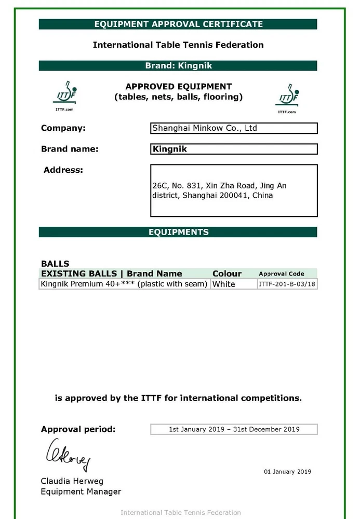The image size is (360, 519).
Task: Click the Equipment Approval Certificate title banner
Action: click(x=178, y=24)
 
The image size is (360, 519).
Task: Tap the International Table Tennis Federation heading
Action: click(x=178, y=45)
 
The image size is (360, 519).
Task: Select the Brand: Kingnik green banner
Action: click(x=178, y=66)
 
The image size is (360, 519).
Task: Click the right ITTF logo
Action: click(x=287, y=97)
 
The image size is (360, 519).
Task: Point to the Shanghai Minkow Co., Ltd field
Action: click(x=234, y=128)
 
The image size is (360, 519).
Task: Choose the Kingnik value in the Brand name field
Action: click(x=170, y=149)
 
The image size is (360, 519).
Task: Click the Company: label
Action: click(x=63, y=128)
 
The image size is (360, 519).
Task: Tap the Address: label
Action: click(x=63, y=170)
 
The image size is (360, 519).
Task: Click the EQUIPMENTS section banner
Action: click(x=178, y=232)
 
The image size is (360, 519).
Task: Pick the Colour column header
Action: click(x=227, y=274)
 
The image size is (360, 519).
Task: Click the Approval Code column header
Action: click(x=281, y=274)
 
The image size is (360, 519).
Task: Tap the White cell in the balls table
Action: click(x=224, y=284)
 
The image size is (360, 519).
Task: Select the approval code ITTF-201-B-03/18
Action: click(x=287, y=284)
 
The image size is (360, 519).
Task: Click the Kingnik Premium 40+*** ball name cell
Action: click(x=124, y=284)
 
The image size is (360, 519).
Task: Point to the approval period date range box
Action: click(x=234, y=429)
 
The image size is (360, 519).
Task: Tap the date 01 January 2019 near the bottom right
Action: click(x=287, y=472)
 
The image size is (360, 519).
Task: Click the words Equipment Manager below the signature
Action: click(x=81, y=491)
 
